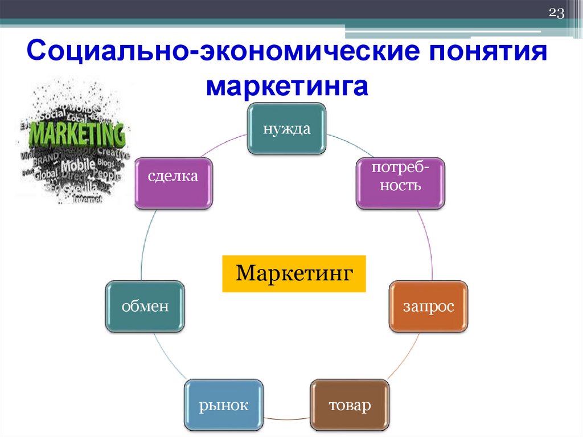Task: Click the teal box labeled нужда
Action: click(x=286, y=129)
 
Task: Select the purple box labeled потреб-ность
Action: click(x=400, y=182)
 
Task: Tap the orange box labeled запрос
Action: click(x=429, y=306)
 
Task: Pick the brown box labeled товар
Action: click(x=350, y=405)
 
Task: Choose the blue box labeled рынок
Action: click(x=224, y=405)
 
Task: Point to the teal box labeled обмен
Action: click(x=145, y=306)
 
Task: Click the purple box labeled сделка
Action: click(x=173, y=182)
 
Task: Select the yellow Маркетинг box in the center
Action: click(x=293, y=274)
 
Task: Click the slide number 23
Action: click(x=556, y=14)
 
